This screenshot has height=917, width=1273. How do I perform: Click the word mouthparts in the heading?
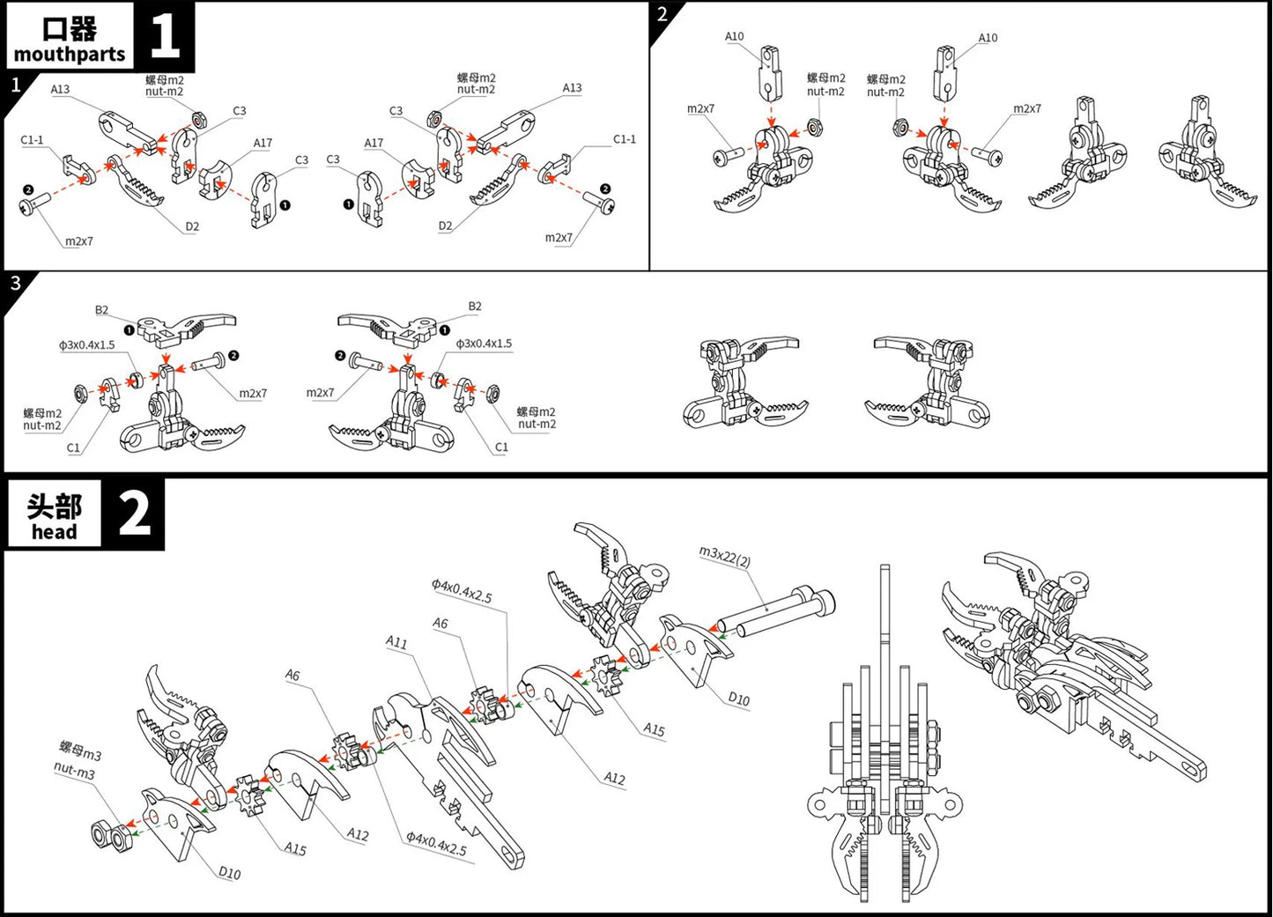70,55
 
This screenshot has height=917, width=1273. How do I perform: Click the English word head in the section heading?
54,532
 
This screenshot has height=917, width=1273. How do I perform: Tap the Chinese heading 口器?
70,28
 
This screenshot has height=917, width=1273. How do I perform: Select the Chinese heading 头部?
54,507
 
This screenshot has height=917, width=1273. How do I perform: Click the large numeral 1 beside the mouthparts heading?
165,36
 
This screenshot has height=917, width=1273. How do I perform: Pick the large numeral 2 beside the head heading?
134,514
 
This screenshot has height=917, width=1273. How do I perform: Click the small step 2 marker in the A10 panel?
662,13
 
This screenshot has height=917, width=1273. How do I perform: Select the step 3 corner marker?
14,283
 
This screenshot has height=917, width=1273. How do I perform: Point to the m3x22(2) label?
725,557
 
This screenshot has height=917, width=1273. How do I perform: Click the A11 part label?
396,642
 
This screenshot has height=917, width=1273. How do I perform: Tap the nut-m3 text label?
74,772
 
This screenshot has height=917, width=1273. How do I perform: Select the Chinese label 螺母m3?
80,751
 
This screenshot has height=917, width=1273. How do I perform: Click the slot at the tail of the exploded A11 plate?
509,849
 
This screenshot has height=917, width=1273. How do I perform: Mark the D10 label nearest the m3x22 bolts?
738,699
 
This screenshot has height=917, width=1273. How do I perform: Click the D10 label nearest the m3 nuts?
229,873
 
